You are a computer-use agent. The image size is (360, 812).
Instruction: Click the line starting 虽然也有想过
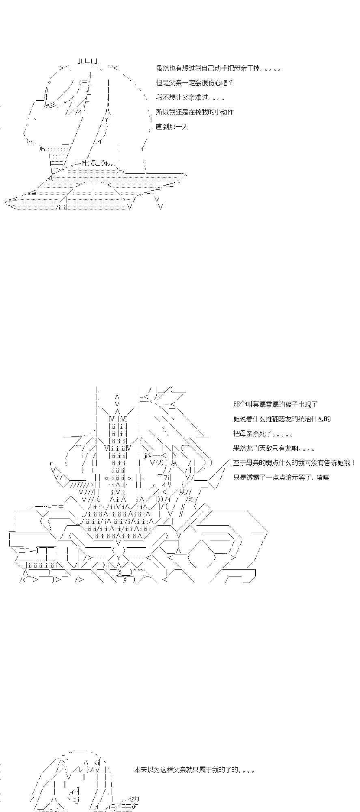point(218,69)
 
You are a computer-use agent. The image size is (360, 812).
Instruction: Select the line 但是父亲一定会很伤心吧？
point(194,83)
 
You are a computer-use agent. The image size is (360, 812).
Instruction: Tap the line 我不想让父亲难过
point(190,98)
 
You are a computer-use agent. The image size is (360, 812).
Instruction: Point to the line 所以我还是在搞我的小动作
point(194,112)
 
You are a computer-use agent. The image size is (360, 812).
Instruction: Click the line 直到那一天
point(172,127)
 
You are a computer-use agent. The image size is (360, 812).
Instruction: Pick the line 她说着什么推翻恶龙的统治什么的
point(282,419)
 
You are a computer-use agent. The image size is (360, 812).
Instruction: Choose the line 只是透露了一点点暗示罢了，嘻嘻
point(281,477)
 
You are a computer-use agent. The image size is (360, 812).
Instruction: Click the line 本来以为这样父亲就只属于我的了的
point(194,770)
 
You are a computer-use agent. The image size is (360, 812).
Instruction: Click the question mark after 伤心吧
point(231,83)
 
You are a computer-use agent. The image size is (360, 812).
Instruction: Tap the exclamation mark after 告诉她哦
point(354,463)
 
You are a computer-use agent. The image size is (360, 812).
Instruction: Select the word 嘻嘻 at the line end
point(323,477)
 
